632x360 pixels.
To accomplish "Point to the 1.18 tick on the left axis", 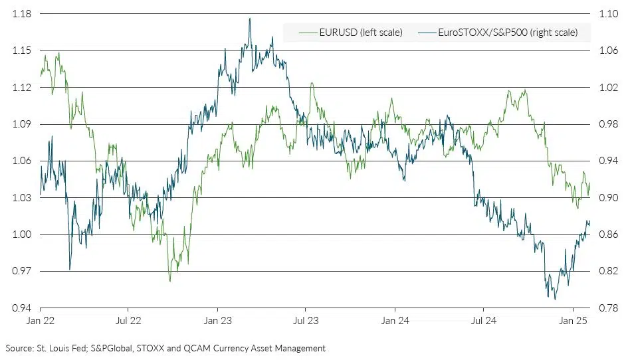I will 22,14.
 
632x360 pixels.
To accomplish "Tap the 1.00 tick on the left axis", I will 22,234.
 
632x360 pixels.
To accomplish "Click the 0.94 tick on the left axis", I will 22,308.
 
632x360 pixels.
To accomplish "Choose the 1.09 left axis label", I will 22,124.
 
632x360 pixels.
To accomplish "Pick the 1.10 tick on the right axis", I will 609,14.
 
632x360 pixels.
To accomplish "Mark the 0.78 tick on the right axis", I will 609,308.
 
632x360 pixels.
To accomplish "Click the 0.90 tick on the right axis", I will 609,198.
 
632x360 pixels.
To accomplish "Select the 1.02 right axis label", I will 609,88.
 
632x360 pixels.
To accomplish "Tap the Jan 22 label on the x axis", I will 41,321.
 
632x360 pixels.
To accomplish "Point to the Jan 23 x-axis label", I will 217,321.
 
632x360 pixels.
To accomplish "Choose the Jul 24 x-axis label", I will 483,321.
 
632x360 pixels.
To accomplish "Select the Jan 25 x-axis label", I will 573,321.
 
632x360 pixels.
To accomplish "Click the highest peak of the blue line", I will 250,19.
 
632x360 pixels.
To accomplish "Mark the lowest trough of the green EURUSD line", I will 170,281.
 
